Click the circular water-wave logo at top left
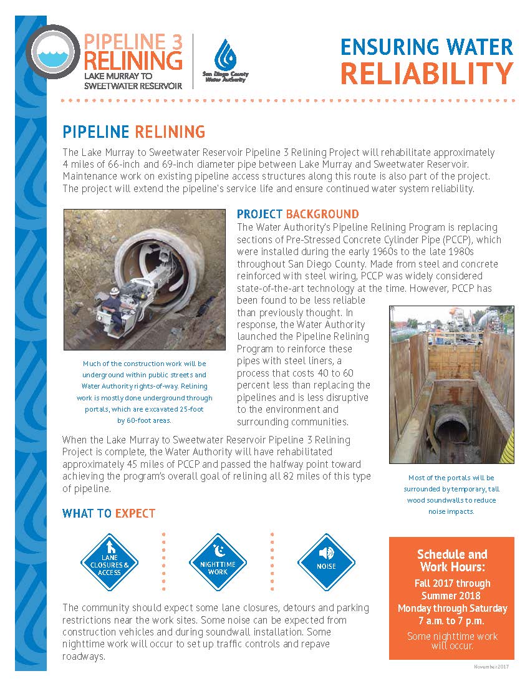point(53,51)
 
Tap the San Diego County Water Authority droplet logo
point(225,56)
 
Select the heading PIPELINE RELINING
point(133,132)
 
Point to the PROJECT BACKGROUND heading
point(297,215)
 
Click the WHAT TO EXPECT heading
point(108,513)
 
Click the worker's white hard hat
point(115,291)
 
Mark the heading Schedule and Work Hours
point(451,561)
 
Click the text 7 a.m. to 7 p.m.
point(452,621)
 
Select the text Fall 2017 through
point(452,584)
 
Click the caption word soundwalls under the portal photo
point(461,500)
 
